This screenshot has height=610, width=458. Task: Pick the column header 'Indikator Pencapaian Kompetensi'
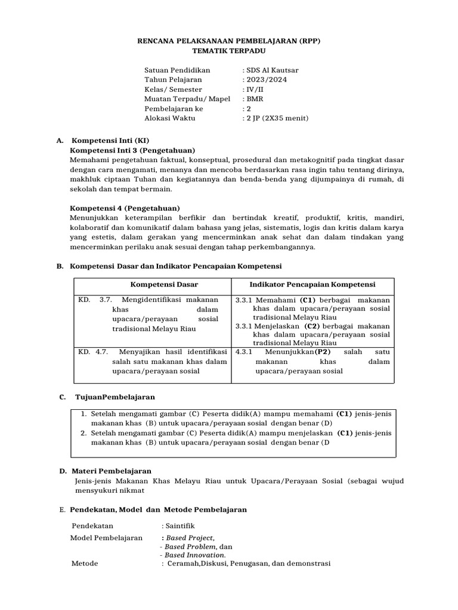[x=312, y=285]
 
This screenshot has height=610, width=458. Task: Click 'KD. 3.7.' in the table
[x=95, y=300]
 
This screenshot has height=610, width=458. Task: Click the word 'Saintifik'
[x=181, y=526]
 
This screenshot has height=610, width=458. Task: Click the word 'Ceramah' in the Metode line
[x=182, y=563]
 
